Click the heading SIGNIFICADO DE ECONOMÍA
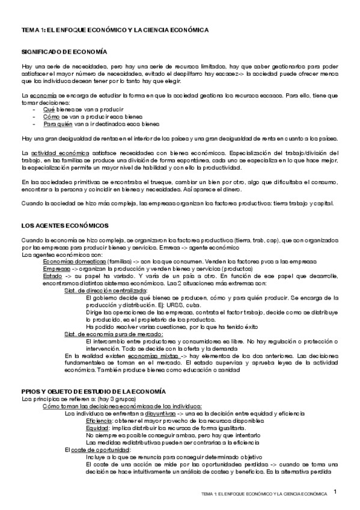pyautogui.click(x=63, y=53)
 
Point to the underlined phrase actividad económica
pyautogui.click(x=52, y=153)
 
